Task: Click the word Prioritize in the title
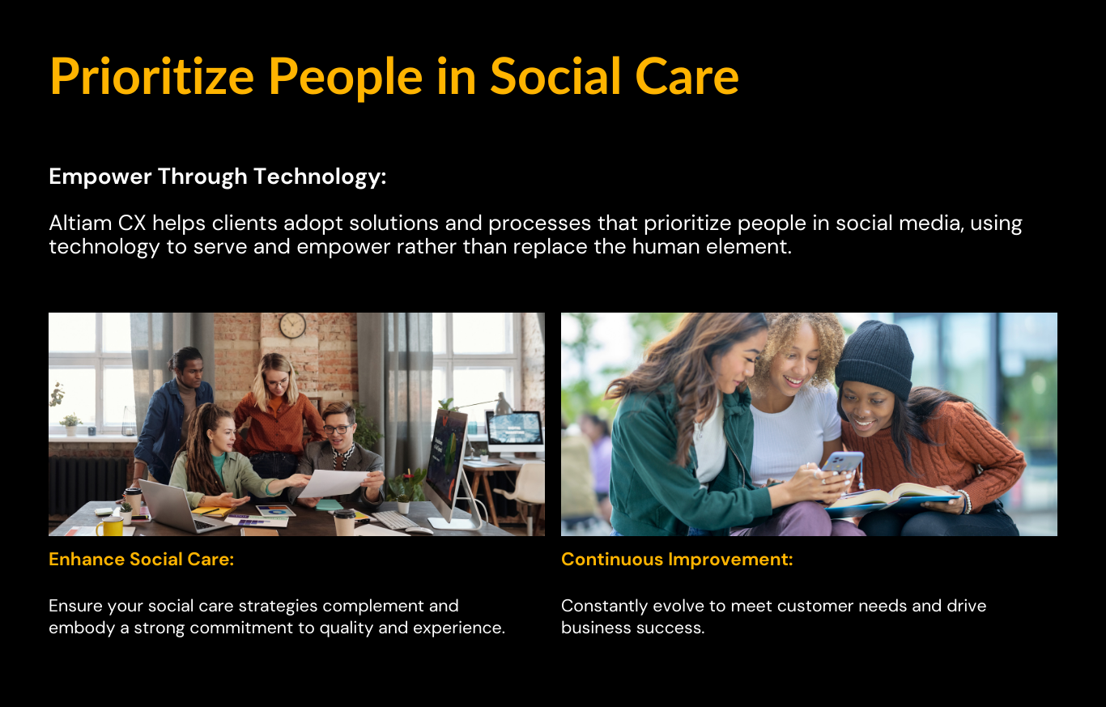[152, 76]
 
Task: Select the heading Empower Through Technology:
[217, 177]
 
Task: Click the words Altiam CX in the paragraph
[97, 224]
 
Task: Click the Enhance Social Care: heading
[141, 559]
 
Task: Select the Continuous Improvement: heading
[677, 559]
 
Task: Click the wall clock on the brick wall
[292, 326]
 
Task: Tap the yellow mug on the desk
[110, 526]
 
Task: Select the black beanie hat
[874, 358]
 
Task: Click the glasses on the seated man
[338, 429]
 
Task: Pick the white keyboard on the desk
[395, 520]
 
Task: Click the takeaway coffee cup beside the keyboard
[344, 522]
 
